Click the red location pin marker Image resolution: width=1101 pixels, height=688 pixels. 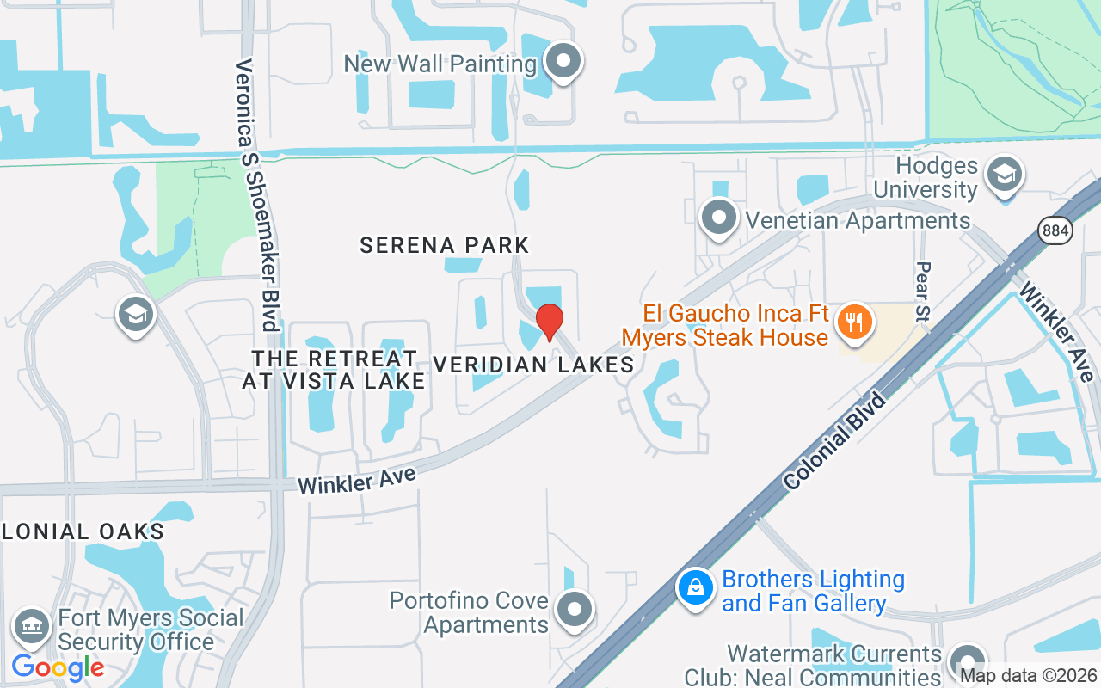click(549, 322)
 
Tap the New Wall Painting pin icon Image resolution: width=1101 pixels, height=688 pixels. click(564, 62)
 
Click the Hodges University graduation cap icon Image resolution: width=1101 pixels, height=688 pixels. click(1003, 175)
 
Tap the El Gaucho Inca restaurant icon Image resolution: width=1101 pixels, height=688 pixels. click(854, 323)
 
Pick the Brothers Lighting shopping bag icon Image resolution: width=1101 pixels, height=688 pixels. click(695, 589)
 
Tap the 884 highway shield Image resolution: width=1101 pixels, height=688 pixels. click(1055, 230)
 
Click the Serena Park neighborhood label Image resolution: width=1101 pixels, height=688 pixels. click(445, 245)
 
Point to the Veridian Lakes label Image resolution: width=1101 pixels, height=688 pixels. click(533, 365)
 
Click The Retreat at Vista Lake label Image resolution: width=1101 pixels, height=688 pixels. click(334, 369)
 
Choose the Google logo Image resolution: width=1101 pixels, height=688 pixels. click(58, 666)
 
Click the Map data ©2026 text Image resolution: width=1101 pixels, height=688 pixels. click(1029, 676)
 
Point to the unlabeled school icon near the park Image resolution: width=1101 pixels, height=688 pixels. click(136, 315)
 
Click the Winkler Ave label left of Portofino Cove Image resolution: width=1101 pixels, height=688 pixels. click(357, 480)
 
